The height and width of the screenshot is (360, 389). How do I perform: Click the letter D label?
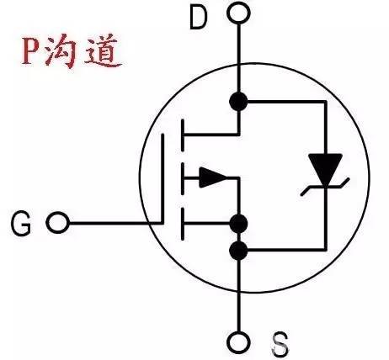tap(199, 18)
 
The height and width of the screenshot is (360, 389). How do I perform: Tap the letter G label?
tap(21, 224)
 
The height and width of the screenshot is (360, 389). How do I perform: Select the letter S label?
tap(280, 344)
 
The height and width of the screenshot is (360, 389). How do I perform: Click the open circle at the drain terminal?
tap(238, 13)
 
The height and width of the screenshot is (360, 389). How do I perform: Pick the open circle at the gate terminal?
tap(57, 223)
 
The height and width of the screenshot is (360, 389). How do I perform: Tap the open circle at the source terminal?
tap(238, 343)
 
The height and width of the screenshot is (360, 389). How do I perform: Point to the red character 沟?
tap(61, 51)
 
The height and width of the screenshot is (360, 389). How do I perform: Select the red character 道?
tap(103, 51)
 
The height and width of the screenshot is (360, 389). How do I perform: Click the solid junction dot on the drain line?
tap(238, 101)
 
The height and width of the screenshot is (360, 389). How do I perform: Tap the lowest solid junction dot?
tap(238, 250)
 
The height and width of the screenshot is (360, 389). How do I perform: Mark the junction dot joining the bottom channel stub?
tap(238, 224)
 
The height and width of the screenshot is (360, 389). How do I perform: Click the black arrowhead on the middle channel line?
tap(213, 177)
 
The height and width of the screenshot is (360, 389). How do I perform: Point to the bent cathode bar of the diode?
tap(325, 187)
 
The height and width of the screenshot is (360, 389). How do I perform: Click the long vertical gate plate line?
tap(163, 179)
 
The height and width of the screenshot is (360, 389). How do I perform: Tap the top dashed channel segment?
tap(183, 135)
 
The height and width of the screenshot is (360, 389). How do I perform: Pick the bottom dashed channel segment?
tap(183, 224)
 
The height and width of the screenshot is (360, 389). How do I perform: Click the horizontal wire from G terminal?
tap(115, 224)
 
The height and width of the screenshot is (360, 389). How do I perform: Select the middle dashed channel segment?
tap(183, 178)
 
